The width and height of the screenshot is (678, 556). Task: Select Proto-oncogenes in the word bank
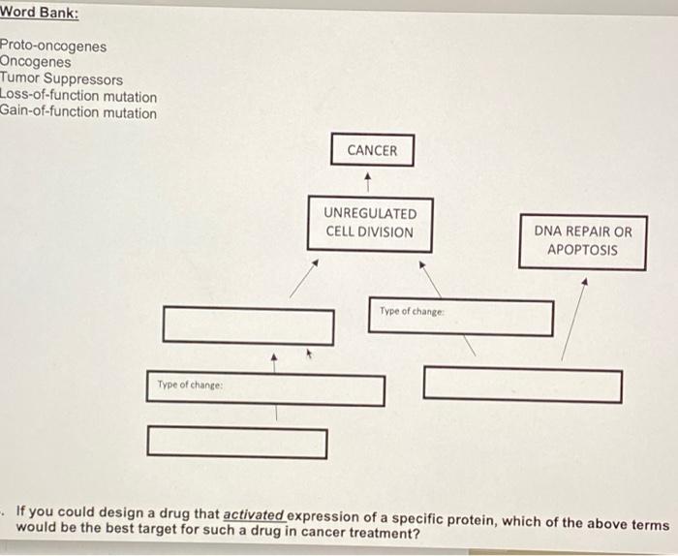tap(54, 46)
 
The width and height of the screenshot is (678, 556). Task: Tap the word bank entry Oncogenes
tap(36, 63)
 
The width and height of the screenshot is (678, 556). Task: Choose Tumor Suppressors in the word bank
tap(62, 79)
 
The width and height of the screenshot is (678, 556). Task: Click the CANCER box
tap(372, 150)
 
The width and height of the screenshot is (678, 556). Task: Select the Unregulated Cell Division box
tap(369, 223)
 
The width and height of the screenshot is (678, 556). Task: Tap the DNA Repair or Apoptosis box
tap(582, 241)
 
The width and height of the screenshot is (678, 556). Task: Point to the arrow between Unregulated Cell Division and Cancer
tap(367, 179)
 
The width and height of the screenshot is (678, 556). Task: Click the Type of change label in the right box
tap(412, 311)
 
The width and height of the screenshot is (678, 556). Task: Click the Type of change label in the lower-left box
tap(190, 386)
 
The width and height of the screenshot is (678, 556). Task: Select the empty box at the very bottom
tap(236, 443)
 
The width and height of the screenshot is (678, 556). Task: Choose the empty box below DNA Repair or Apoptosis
tap(522, 385)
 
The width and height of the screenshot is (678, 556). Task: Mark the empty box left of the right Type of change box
tap(248, 324)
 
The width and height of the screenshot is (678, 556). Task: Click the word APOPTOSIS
tap(582, 250)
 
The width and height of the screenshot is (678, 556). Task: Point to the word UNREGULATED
tap(370, 213)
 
